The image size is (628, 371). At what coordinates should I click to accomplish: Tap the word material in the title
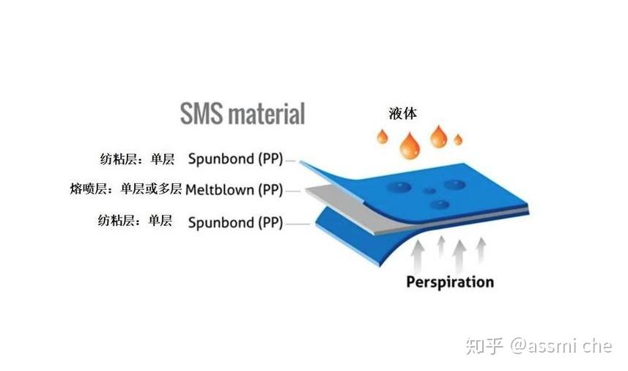point(268,114)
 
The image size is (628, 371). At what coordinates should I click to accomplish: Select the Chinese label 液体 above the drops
point(402,114)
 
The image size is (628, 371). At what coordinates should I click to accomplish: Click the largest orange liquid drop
point(410,145)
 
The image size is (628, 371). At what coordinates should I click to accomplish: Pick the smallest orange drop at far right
point(458,139)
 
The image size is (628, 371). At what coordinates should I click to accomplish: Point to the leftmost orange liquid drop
point(383,136)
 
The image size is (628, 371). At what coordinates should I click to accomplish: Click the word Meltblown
point(220,189)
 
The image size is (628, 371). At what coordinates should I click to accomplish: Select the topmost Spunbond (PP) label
point(235,159)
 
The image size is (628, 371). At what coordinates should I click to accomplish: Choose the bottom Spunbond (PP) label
point(235,222)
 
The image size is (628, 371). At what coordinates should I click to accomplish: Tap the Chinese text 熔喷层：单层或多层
point(126,188)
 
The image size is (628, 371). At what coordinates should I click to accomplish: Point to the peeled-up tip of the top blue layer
point(301,162)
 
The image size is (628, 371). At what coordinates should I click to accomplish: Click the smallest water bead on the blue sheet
point(429,191)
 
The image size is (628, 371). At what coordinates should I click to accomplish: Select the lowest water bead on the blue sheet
point(440,205)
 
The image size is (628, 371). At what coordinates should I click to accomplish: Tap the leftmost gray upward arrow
point(418,257)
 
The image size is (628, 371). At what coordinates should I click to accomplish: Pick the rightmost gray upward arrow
point(481,251)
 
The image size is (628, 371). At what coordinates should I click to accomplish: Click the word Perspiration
point(450,282)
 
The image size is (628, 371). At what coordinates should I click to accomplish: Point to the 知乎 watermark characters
point(484,346)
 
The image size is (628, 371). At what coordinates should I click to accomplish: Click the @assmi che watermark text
point(561,346)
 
